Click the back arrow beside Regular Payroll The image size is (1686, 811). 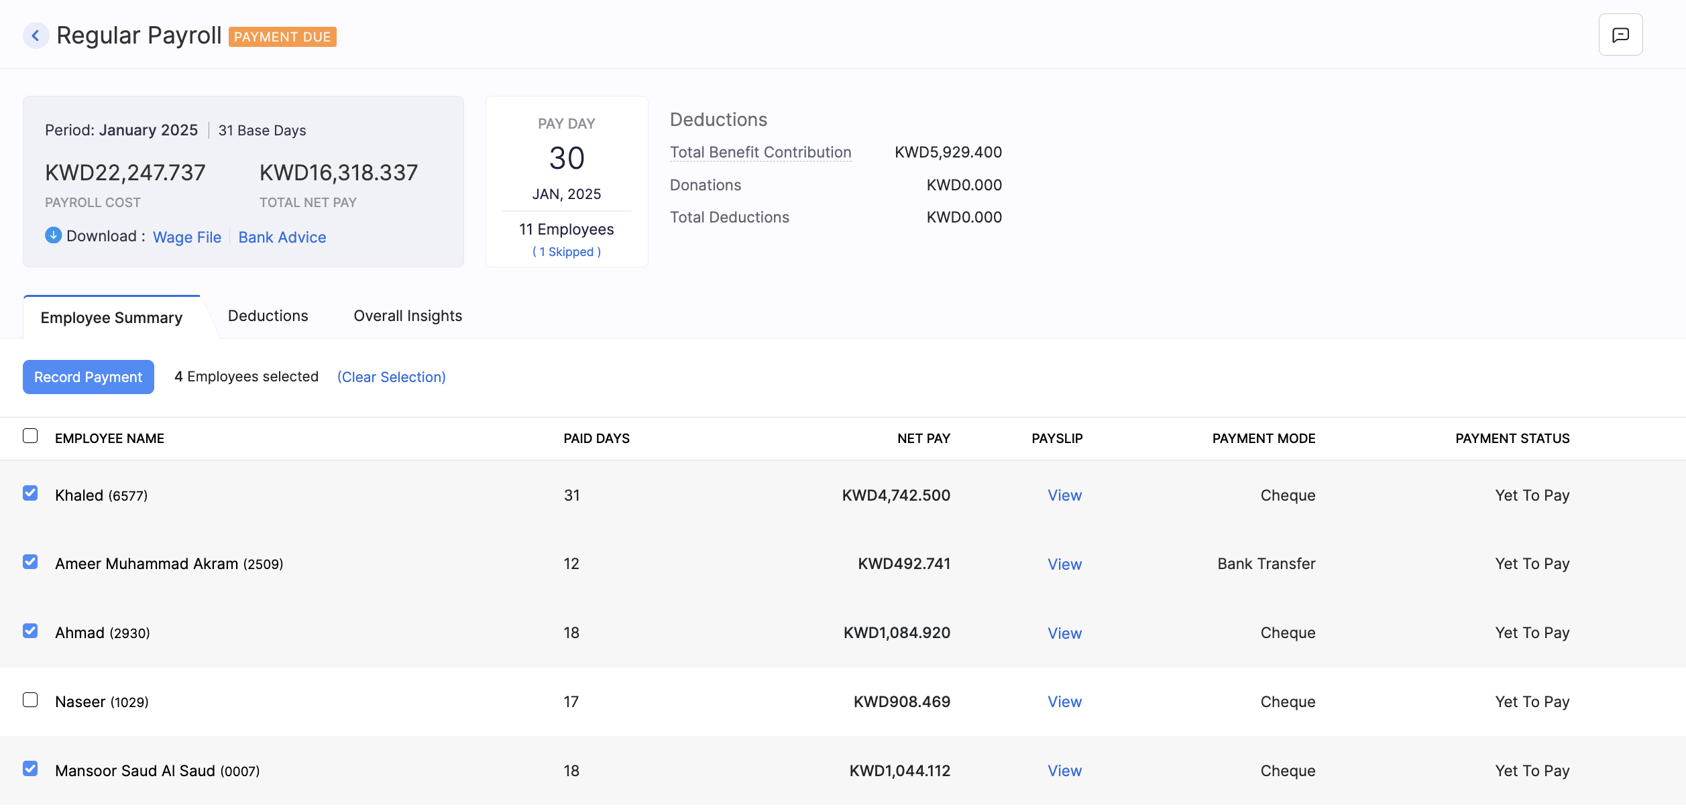[x=36, y=36]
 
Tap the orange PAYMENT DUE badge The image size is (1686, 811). [x=282, y=37]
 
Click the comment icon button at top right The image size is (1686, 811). [x=1620, y=35]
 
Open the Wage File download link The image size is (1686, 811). [x=186, y=237]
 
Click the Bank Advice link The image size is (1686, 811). [x=282, y=237]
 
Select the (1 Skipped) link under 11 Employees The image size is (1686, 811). [x=567, y=252]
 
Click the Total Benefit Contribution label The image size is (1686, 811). [x=761, y=152]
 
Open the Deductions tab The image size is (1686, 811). [x=268, y=316]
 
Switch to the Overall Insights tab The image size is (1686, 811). [x=408, y=316]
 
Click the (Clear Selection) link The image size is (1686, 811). [x=391, y=377]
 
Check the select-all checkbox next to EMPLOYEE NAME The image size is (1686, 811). [x=30, y=436]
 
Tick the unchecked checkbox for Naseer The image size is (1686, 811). [x=30, y=700]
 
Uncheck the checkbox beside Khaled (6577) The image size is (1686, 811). [x=30, y=494]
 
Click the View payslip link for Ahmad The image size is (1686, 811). [x=1064, y=633]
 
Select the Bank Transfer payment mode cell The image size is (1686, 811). [x=1266, y=564]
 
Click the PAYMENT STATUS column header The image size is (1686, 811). [x=1512, y=438]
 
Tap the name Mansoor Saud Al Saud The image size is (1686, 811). [x=135, y=771]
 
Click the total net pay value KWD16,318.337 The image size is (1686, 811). [x=339, y=173]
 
